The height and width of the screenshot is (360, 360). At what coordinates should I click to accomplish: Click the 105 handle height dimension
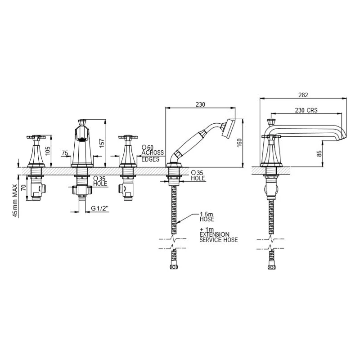point(47,149)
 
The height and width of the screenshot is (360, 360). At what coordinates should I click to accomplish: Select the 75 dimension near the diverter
point(65,153)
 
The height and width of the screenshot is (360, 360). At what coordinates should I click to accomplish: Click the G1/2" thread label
point(100,208)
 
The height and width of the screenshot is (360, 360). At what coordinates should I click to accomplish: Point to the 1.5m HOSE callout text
point(207,217)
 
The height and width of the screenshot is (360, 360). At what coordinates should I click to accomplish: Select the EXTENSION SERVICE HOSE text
point(218,238)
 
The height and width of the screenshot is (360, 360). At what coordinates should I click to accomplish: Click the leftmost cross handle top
point(36,135)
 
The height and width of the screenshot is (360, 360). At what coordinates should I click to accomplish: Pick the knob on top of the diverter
point(82,122)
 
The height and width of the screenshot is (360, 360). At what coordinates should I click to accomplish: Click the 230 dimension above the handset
point(200,104)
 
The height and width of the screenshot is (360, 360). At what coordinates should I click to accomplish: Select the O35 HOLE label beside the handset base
point(198,175)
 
